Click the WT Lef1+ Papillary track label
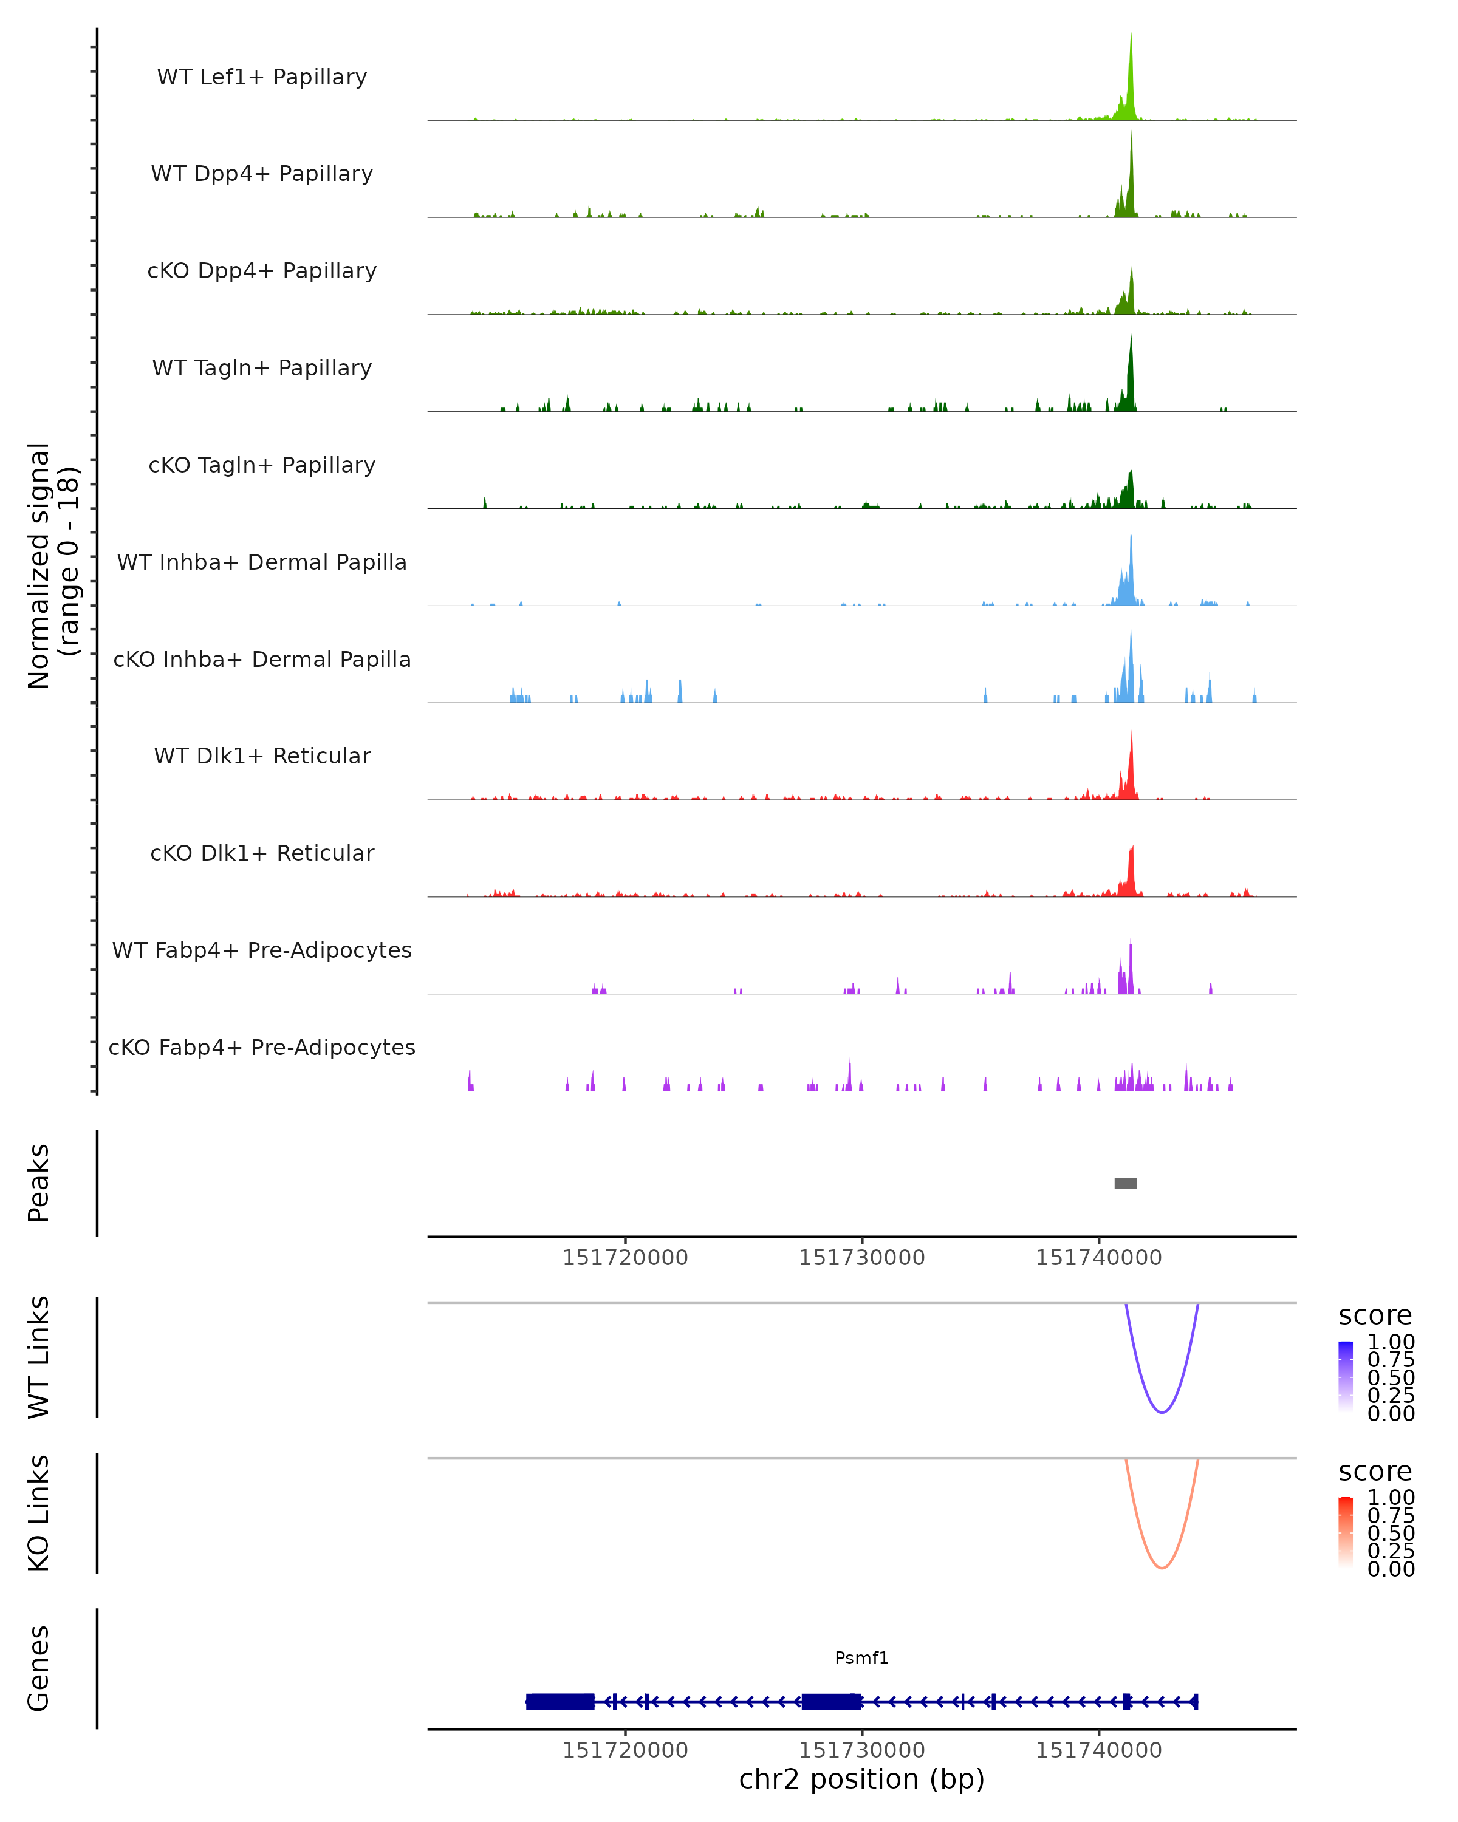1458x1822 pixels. [x=262, y=77]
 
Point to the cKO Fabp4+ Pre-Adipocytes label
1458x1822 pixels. [x=262, y=1047]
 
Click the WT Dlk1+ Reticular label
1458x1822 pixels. [x=262, y=756]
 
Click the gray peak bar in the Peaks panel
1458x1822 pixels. [x=1125, y=1183]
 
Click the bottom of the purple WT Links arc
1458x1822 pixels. [x=1162, y=1412]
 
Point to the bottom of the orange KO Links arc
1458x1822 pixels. [x=1162, y=1568]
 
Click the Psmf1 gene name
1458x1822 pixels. [x=861, y=1658]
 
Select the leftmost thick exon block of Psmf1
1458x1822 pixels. [x=560, y=1701]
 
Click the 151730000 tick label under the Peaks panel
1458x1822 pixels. [x=861, y=1258]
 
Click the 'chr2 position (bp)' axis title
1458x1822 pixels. [x=861, y=1779]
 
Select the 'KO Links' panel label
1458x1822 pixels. [x=39, y=1513]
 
